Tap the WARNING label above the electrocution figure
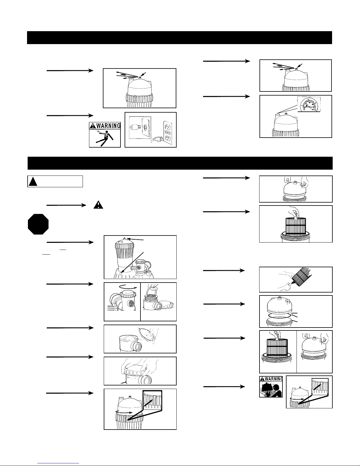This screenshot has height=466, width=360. pyautogui.click(x=105, y=126)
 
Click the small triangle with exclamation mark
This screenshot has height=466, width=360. pyautogui.click(x=98, y=205)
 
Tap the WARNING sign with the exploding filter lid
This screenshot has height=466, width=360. pyautogui.click(x=271, y=387)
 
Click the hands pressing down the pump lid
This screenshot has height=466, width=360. pyautogui.click(x=137, y=370)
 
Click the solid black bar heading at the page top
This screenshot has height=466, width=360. pyautogui.click(x=179, y=37)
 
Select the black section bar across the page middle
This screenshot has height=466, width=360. pyautogui.click(x=180, y=163)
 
